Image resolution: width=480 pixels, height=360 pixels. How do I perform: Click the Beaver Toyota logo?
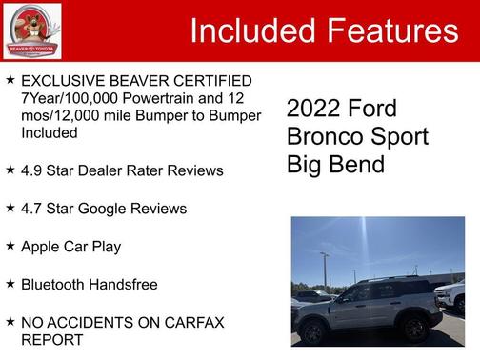(x=31, y=30)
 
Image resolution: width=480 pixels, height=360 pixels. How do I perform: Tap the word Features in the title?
(x=392, y=31)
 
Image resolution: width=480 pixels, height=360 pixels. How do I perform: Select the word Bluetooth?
(x=55, y=285)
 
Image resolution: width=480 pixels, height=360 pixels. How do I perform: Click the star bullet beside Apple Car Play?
(x=10, y=246)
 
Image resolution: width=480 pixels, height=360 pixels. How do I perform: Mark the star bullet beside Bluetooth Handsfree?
(x=10, y=284)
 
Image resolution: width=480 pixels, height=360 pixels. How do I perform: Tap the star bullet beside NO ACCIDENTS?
(x=10, y=322)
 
